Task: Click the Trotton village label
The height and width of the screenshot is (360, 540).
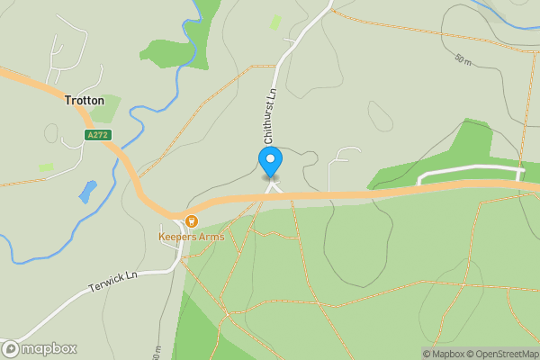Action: coord(85,101)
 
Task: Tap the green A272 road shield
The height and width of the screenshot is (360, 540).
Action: coord(96,135)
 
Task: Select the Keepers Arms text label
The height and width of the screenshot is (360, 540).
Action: coord(191,237)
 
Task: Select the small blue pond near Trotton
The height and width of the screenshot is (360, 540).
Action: coord(87,191)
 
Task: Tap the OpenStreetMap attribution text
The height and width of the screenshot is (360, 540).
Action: coord(508,354)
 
